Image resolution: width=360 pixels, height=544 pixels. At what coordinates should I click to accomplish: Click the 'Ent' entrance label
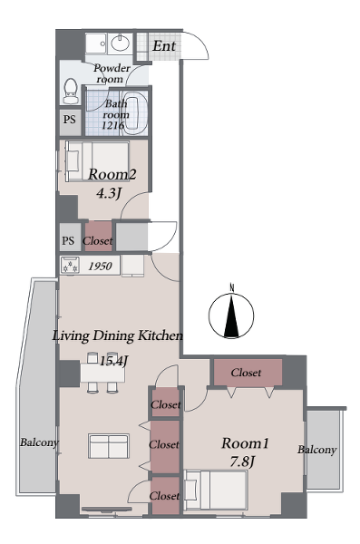[x=164, y=46]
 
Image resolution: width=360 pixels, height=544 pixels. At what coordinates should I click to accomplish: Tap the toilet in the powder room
[x=71, y=91]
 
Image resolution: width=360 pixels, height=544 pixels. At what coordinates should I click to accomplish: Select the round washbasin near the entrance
[x=120, y=44]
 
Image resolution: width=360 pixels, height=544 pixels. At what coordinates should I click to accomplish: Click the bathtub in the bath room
[x=136, y=112]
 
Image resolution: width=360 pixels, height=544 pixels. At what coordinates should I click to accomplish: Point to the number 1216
[x=112, y=125]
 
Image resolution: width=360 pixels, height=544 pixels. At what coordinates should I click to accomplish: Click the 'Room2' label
[x=112, y=174]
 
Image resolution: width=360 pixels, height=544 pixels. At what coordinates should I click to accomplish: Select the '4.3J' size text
[x=109, y=193]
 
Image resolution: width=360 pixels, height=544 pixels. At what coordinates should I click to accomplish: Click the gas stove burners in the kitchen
[x=71, y=266]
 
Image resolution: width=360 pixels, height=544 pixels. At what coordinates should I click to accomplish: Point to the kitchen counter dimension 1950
[x=100, y=266]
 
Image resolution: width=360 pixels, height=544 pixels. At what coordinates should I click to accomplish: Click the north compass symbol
[x=231, y=315]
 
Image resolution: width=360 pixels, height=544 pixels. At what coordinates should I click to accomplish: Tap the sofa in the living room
[x=109, y=446]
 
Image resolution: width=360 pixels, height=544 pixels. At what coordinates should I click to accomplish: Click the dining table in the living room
[x=102, y=374]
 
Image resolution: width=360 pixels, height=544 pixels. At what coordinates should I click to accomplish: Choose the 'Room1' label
[x=245, y=443]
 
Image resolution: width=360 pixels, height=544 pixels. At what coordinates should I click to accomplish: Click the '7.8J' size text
[x=243, y=461]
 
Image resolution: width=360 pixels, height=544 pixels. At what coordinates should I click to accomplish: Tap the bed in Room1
[x=216, y=490]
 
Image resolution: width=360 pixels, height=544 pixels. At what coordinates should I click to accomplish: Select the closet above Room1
[x=248, y=373]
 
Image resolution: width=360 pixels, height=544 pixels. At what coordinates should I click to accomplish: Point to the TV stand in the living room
[x=107, y=509]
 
